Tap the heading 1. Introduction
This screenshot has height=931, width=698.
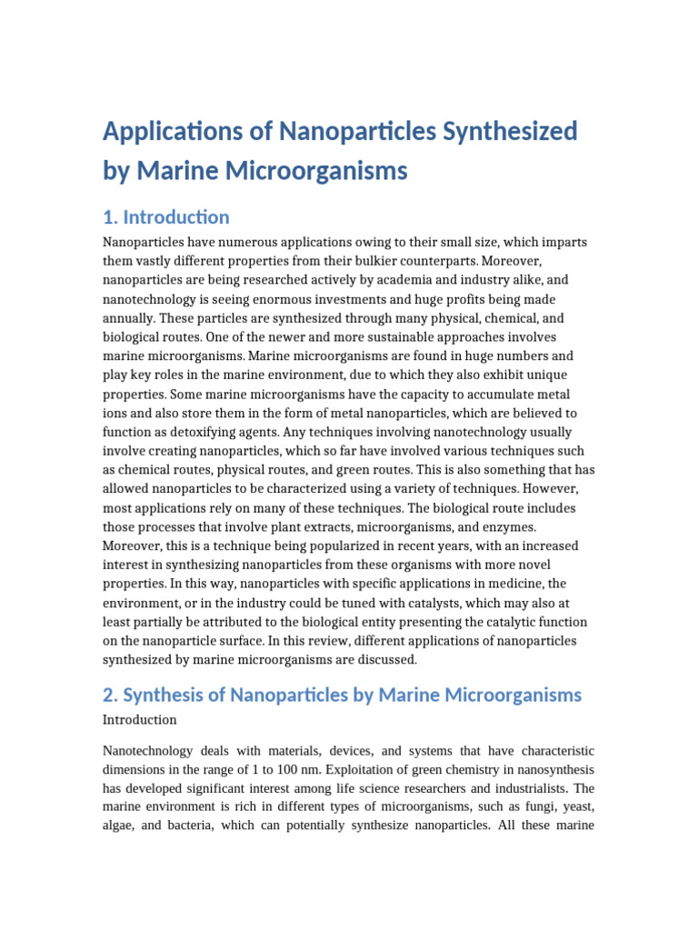coord(166,217)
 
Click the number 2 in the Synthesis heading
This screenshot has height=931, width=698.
coord(110,696)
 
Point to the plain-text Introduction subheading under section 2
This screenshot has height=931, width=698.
coord(140,720)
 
